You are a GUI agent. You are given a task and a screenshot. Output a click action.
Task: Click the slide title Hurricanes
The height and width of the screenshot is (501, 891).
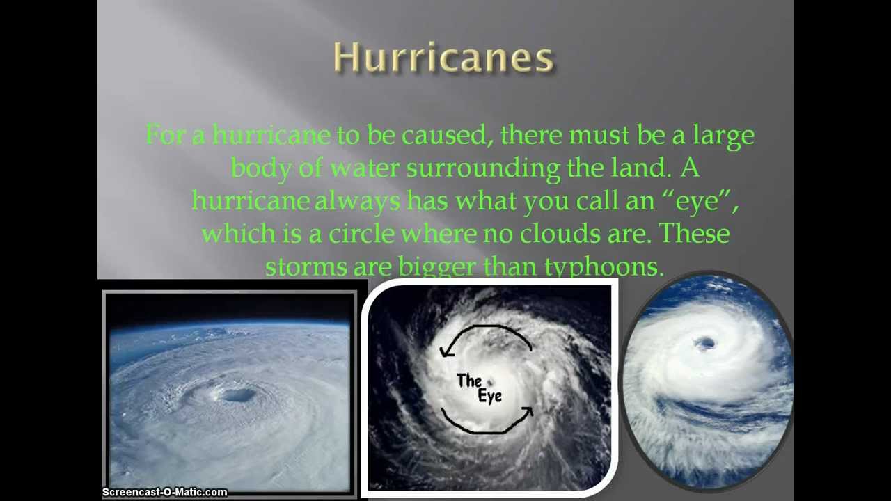(x=443, y=57)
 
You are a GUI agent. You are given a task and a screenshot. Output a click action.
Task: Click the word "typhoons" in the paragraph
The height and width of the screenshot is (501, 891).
(x=603, y=267)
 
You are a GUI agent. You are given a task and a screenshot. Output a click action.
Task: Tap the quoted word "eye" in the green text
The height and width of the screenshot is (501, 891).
(x=697, y=200)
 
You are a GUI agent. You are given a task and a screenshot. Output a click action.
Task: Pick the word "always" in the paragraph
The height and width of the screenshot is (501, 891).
(x=357, y=201)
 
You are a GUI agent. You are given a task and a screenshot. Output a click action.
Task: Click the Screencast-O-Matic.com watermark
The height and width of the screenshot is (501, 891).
(x=164, y=492)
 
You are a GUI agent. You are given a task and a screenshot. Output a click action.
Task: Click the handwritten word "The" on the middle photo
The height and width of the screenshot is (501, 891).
(x=468, y=381)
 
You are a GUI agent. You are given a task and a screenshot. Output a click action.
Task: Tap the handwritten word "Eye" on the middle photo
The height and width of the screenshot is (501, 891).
(x=489, y=396)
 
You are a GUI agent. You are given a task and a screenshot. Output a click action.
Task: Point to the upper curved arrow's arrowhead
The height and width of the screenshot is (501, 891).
(x=445, y=352)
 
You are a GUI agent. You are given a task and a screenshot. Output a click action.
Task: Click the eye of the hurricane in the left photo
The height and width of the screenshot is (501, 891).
(x=239, y=396)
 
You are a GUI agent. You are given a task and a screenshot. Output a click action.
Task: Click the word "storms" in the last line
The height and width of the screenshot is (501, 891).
(x=306, y=267)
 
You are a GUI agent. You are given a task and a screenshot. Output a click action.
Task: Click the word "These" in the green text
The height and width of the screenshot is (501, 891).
(x=694, y=233)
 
